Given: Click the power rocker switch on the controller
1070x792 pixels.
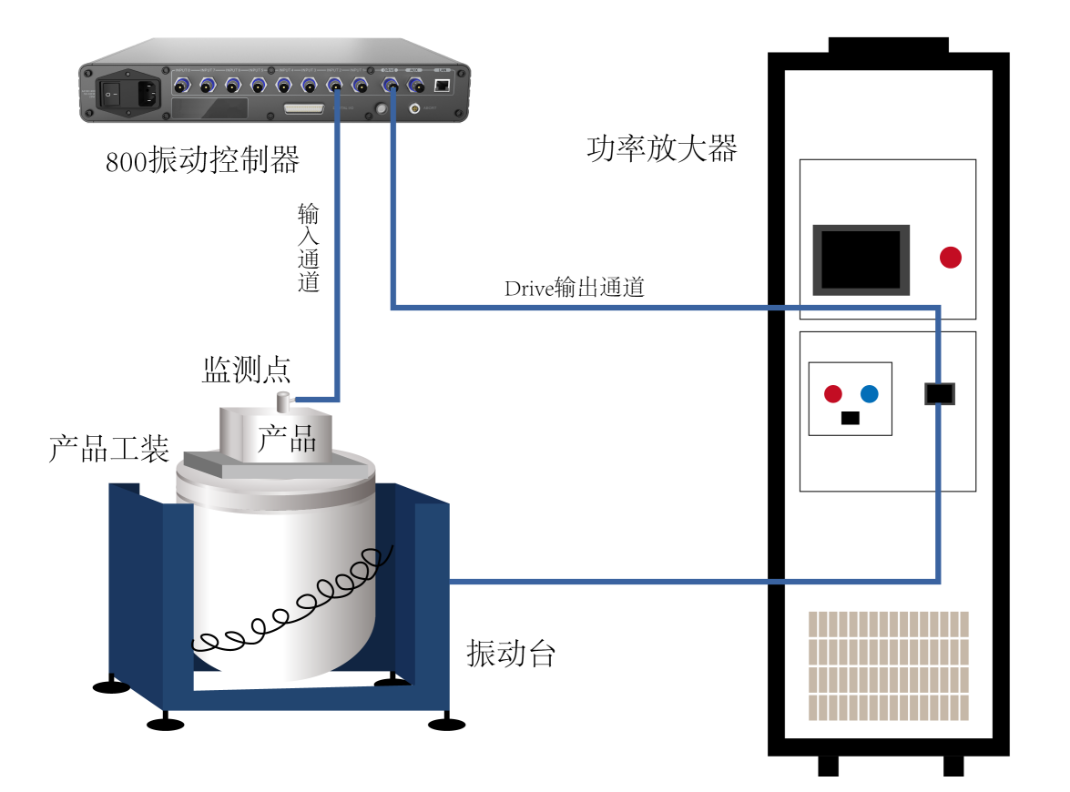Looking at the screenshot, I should pyautogui.click(x=111, y=91).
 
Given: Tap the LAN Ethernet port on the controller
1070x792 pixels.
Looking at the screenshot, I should pyautogui.click(x=443, y=85).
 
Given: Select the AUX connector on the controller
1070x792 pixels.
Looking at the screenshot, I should pyautogui.click(x=416, y=86).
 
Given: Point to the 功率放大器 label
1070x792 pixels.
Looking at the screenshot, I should pyautogui.click(x=661, y=148).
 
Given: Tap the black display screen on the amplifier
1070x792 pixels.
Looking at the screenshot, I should pyautogui.click(x=861, y=259).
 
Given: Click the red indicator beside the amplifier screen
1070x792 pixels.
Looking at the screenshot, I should pyautogui.click(x=951, y=258).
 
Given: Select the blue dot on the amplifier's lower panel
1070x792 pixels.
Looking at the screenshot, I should pyautogui.click(x=870, y=394).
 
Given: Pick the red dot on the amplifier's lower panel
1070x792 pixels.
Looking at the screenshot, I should pyautogui.click(x=832, y=394).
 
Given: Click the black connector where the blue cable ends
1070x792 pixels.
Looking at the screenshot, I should pyautogui.click(x=939, y=393).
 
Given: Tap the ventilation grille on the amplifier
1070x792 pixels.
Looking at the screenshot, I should pyautogui.click(x=888, y=665).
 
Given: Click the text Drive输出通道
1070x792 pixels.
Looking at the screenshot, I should pyautogui.click(x=575, y=289).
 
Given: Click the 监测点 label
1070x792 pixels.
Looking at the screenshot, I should pyautogui.click(x=246, y=370).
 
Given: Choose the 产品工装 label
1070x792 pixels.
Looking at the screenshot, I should pyautogui.click(x=108, y=448).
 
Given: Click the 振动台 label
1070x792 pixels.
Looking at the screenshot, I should pyautogui.click(x=511, y=653).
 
